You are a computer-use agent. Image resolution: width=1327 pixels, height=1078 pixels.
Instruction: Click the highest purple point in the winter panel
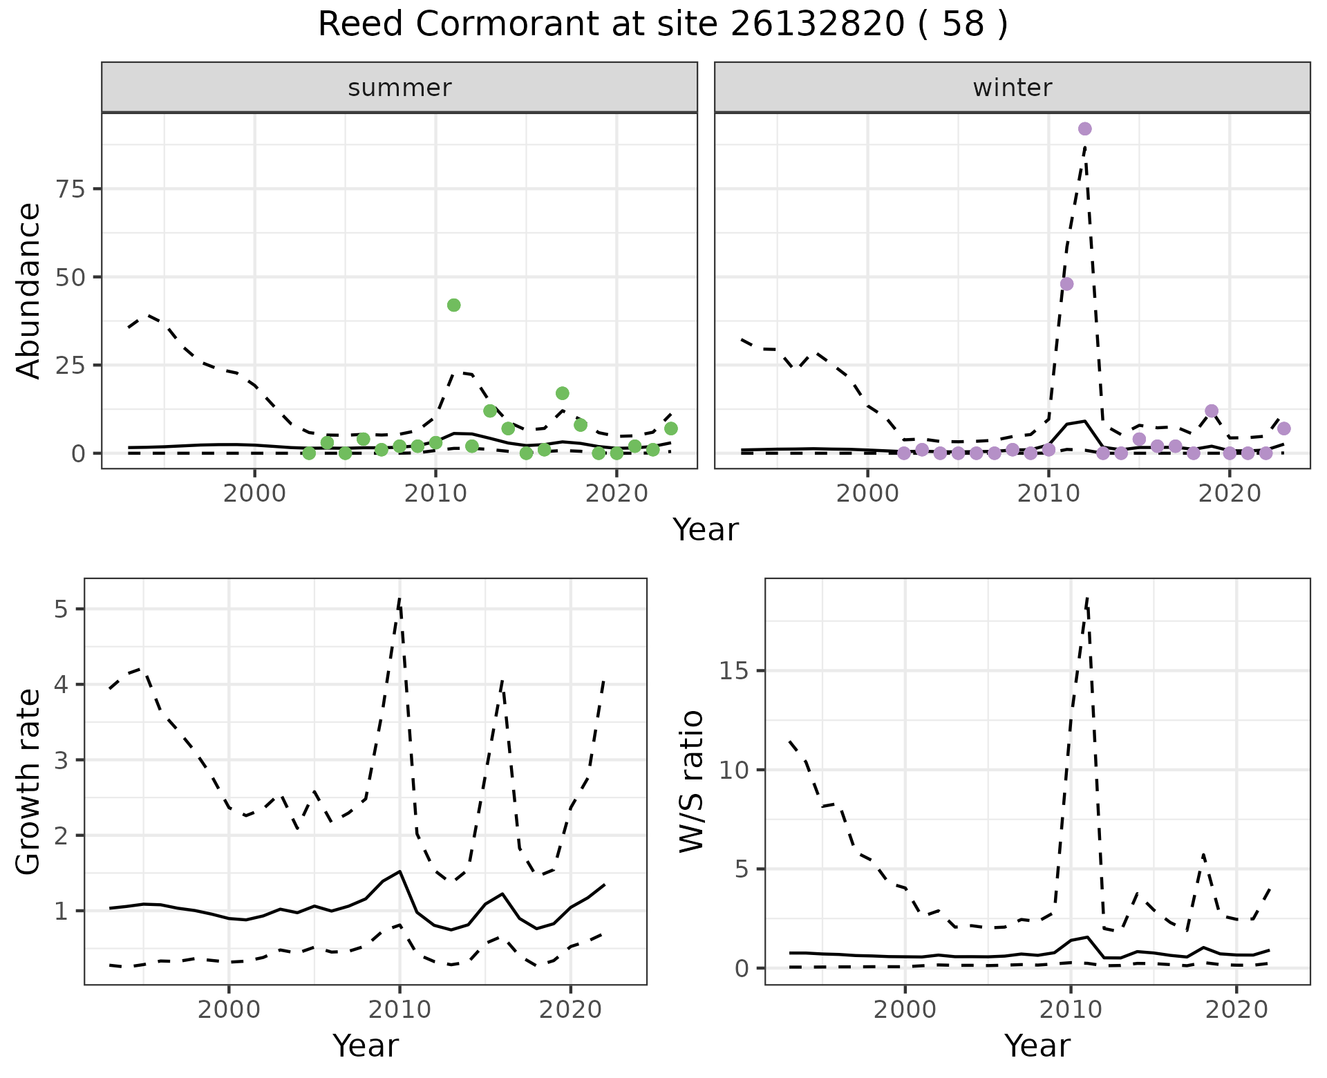tap(1084, 129)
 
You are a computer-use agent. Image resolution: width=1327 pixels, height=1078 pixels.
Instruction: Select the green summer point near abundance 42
tap(453, 305)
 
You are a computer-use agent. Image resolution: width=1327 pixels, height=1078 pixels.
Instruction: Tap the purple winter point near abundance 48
tap(1066, 284)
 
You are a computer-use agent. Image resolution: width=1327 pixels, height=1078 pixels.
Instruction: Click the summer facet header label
tap(399, 88)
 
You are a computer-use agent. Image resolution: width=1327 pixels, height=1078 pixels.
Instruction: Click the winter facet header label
tap(1012, 88)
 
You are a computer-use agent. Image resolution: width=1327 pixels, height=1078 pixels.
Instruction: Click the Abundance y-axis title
tap(29, 291)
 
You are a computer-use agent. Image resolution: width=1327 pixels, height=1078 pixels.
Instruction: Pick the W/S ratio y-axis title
tap(691, 782)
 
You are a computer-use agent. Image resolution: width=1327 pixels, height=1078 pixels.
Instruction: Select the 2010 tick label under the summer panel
tap(435, 495)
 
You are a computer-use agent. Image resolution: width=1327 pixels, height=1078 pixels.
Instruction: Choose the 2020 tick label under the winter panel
tap(1230, 495)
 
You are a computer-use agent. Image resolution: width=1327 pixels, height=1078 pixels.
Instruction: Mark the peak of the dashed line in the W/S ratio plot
tap(1086, 598)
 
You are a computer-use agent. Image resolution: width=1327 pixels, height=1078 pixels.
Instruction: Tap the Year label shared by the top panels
tap(705, 530)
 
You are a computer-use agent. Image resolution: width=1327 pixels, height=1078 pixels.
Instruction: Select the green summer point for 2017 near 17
tap(562, 393)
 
